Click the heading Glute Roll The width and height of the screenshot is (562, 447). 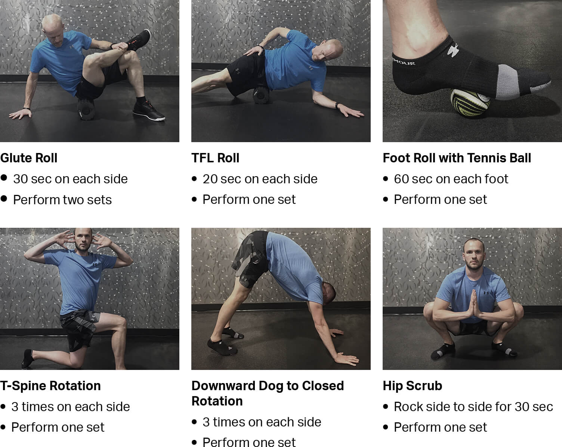tap(29, 158)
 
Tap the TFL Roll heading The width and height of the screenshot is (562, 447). tap(215, 158)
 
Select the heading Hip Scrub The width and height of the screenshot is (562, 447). tap(413, 386)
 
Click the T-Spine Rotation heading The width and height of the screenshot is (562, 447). tap(50, 386)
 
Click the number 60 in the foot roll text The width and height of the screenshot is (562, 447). tap(401, 179)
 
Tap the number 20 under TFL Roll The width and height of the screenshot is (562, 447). tap(210, 179)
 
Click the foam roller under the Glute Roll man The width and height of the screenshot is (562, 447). tap(86, 109)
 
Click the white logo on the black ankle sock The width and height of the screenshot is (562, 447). tap(453, 50)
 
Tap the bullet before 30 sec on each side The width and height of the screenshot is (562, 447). tap(4, 178)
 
